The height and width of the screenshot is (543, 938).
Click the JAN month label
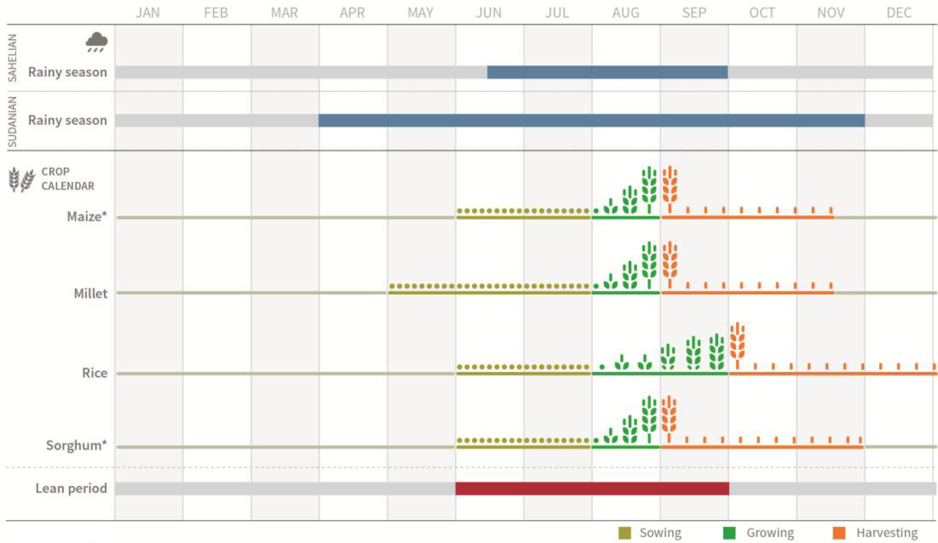coord(148,13)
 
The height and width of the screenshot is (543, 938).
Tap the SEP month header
coord(694,13)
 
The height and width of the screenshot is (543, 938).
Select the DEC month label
coord(899,13)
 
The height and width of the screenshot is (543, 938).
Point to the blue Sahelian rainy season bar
coord(607,72)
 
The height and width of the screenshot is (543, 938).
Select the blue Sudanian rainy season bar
coord(592,121)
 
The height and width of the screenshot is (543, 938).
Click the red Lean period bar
coord(592,488)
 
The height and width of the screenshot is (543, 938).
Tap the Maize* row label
coord(87,216)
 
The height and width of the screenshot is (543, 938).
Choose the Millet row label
coord(91,293)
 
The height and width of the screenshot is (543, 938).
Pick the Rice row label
coord(95,373)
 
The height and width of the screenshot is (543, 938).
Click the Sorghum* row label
coord(76,445)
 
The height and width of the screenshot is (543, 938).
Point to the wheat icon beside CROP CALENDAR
coord(22,179)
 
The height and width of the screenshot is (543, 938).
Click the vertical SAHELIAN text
coord(13,58)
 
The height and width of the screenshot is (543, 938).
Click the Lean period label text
coord(71,488)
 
